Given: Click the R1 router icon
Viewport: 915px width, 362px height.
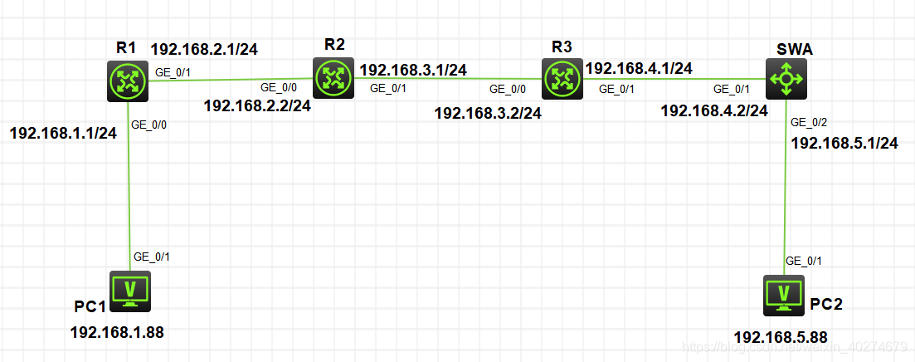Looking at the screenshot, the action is pos(128,81).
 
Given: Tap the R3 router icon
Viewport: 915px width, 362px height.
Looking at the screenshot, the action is pos(562,80).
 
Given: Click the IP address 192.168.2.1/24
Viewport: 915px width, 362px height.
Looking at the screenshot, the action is pos(204,49).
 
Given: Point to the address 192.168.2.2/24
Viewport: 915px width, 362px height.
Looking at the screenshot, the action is pos(257,105).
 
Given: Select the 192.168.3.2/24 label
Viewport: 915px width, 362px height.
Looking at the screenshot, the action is pos(488,113).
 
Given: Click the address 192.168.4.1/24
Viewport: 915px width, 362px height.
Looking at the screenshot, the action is pos(639,68).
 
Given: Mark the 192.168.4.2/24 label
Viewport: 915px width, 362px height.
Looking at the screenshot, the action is pos(713,110).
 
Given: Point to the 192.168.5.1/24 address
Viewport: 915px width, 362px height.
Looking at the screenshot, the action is pos(844,143).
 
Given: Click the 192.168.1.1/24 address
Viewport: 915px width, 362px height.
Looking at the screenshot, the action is pos(63,133).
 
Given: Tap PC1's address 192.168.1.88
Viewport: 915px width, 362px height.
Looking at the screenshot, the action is pos(117,333).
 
